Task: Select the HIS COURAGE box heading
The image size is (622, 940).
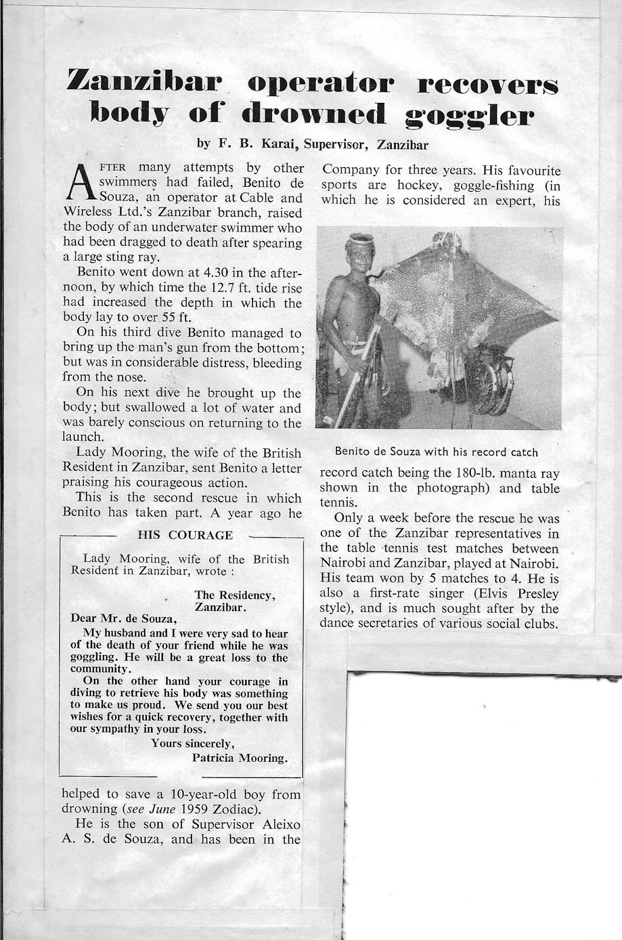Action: (x=185, y=535)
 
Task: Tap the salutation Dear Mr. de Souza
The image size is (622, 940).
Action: (x=123, y=618)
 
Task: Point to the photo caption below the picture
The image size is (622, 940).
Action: (x=437, y=452)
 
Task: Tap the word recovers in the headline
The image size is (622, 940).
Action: (x=487, y=83)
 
